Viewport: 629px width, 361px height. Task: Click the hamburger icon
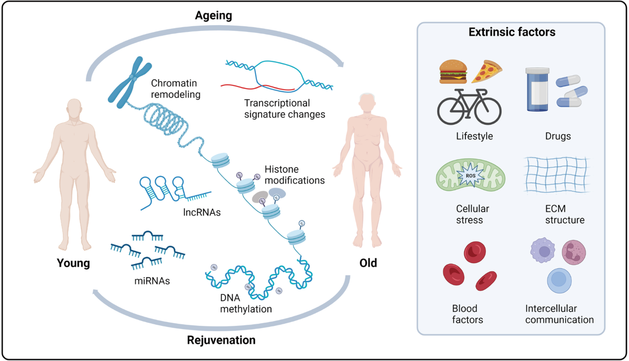pos(453,72)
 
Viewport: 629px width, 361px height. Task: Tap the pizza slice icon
pos(486,72)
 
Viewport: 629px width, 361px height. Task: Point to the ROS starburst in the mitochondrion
pos(468,177)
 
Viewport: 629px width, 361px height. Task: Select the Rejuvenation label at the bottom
pos(221,341)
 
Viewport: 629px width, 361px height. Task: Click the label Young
pos(73,263)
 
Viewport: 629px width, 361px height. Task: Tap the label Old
pos(367,262)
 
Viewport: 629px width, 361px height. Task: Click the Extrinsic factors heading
pos(512,32)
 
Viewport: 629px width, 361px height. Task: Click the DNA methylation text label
pos(246,303)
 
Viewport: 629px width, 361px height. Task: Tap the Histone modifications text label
pos(295,175)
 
